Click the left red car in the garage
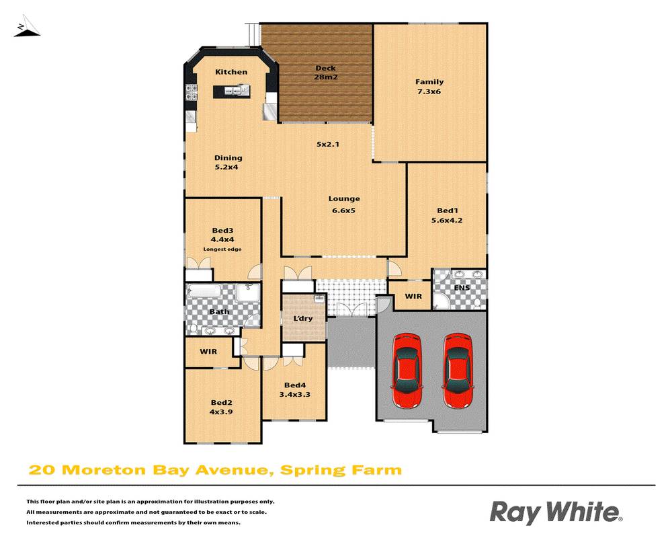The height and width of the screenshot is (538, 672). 408,371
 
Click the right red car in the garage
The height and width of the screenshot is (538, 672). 458,371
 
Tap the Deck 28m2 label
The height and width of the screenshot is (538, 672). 326,73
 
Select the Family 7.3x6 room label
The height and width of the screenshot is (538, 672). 429,87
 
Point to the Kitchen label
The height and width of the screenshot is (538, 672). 231,72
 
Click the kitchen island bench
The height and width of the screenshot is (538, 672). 230,90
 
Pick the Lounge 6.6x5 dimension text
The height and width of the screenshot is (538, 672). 343,210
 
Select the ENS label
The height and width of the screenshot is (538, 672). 461,289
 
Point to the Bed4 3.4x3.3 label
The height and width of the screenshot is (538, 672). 294,390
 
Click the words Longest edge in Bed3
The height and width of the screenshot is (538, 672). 222,249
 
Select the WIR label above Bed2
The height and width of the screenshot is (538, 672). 208,351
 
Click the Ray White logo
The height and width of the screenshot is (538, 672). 556,512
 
